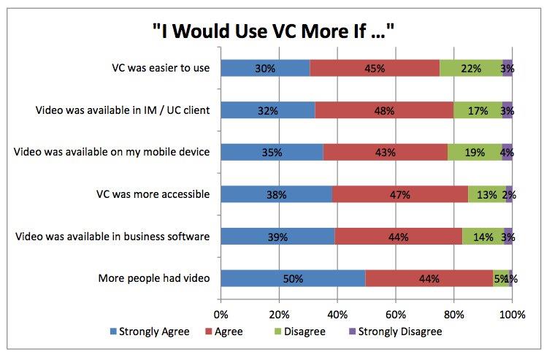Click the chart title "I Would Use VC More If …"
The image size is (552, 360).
coord(274,31)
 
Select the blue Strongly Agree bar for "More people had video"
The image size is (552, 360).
coord(292,278)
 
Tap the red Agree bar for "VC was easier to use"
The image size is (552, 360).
coord(375,68)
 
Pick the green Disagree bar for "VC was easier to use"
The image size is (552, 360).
coord(471,68)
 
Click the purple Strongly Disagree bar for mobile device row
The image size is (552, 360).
coord(507,153)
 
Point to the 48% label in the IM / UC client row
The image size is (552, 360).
coord(384,110)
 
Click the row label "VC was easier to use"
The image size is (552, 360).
coord(156,69)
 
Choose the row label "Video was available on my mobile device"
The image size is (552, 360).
coord(112,153)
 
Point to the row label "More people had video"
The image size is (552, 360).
coord(153,279)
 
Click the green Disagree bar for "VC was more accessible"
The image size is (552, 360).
coord(487,194)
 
